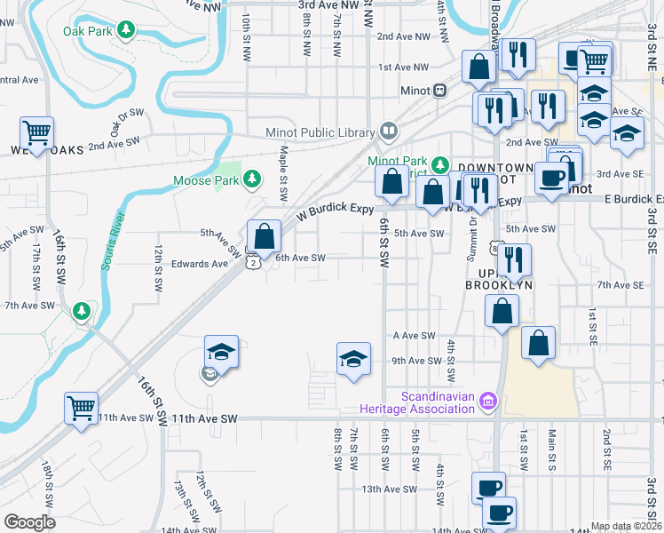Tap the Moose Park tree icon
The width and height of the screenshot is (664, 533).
tap(253, 180)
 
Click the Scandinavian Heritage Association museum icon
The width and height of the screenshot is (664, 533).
tap(486, 402)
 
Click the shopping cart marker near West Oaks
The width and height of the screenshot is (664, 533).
tap(36, 133)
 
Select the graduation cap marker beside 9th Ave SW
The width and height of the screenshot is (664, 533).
tap(353, 359)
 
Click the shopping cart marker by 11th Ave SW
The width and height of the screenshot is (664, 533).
tap(81, 409)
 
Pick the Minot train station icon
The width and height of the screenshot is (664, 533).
tap(439, 91)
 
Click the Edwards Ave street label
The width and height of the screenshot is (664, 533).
tap(200, 264)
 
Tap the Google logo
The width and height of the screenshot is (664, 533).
tap(29, 522)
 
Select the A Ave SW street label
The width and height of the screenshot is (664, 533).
tap(414, 336)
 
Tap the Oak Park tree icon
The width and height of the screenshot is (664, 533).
tap(126, 31)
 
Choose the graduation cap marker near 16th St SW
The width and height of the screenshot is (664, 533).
tap(221, 351)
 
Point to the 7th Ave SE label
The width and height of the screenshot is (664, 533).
tap(620, 284)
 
